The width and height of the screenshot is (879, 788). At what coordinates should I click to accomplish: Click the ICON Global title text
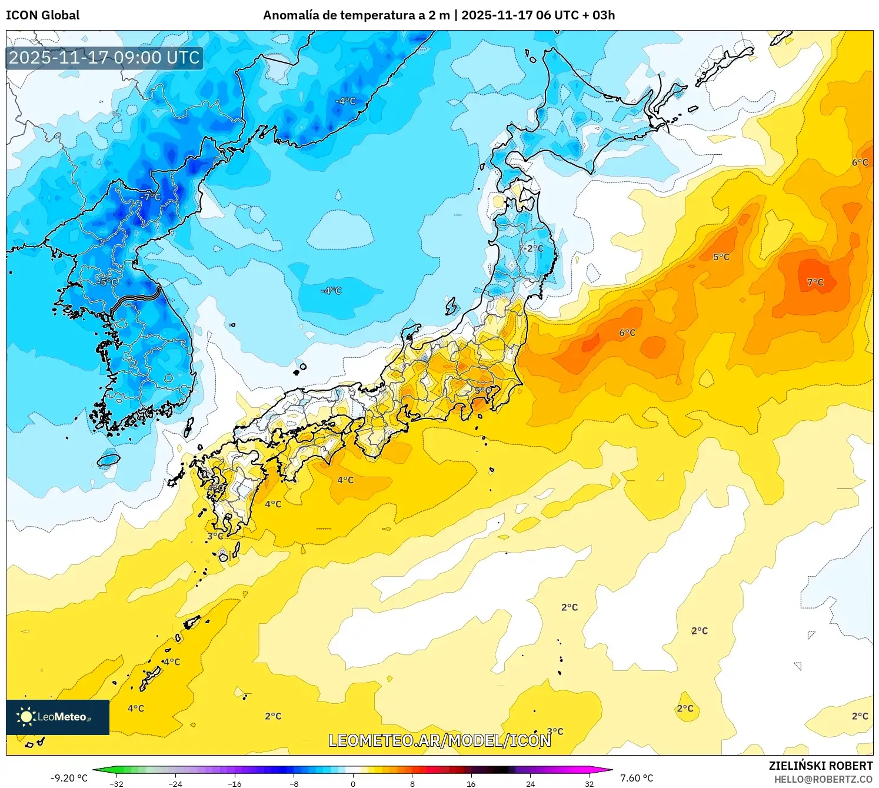pos(42,15)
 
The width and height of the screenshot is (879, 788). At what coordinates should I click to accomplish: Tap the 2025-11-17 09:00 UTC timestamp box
pos(104,58)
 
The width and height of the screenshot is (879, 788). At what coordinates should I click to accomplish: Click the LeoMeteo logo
pos(57,717)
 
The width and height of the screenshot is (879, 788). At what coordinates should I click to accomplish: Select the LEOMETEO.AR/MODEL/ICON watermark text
pos(439,740)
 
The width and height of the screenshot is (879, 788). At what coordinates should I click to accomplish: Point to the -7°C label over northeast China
pos(150,197)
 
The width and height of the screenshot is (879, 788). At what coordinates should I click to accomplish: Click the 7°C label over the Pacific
pos(815,282)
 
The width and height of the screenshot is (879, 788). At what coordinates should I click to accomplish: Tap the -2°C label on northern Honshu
pos(533,248)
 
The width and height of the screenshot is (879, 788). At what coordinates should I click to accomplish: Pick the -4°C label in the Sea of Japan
pos(331,291)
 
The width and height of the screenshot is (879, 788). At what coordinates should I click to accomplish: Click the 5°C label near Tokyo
pos(483,390)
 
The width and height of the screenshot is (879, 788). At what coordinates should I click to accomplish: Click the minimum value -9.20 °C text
pos(69,778)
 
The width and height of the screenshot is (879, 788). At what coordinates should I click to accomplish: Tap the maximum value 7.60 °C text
pos(637,778)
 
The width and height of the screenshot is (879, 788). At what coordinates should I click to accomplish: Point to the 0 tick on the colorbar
pos(353,783)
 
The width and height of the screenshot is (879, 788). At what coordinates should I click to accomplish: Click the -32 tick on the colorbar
pos(116,783)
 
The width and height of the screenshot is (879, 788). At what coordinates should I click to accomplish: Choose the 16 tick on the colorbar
pos(471,783)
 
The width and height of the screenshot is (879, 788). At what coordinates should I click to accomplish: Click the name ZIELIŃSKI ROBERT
pos(820,766)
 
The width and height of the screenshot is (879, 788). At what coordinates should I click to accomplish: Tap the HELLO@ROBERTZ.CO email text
pos(823,779)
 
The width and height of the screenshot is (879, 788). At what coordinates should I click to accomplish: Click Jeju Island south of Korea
pos(108,459)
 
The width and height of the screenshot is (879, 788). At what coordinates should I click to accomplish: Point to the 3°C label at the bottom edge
pos(555,732)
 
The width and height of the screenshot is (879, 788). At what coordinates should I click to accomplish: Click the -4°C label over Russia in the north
pos(345,101)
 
